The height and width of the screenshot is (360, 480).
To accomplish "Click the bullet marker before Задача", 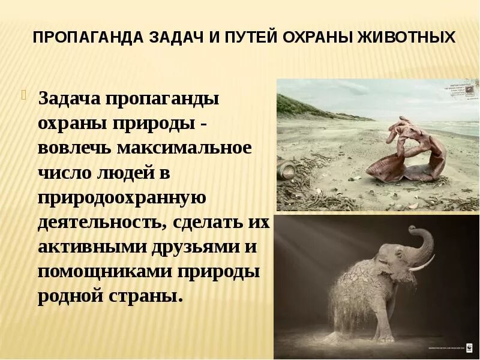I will [25, 94].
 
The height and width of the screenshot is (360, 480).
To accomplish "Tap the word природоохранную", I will [122, 199].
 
